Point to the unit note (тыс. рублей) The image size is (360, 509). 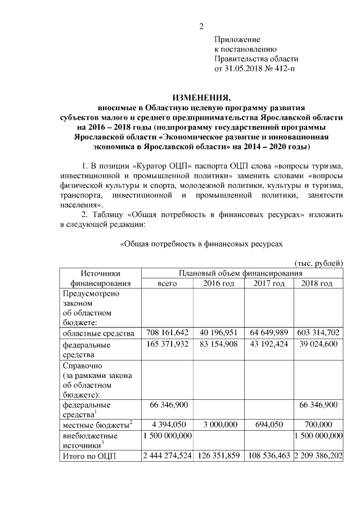coord(319,263)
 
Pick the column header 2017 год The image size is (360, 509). coord(268,283)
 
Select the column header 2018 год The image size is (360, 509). coord(318,283)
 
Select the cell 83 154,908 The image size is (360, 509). coord(219,344)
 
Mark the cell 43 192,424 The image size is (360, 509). coord(268,344)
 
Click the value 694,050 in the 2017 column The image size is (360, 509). coord(268,424)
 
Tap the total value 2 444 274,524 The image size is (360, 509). coord(168,456)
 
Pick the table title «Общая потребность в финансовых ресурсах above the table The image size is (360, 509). coord(201,244)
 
